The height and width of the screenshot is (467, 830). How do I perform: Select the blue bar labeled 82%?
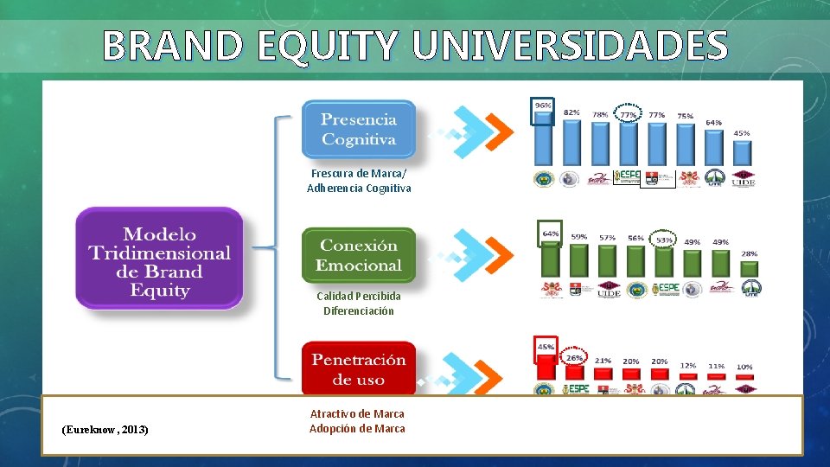(571, 142)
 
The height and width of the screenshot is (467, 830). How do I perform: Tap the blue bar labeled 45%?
(742, 153)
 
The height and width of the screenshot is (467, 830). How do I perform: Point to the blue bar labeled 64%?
(712, 148)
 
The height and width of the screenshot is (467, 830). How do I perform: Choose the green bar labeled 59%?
(578, 259)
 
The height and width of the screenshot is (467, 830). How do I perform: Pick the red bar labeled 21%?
(603, 374)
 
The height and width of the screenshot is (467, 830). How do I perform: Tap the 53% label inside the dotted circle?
(664, 240)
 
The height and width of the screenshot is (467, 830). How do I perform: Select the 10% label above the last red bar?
(744, 367)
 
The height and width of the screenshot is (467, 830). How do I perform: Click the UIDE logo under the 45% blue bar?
(744, 178)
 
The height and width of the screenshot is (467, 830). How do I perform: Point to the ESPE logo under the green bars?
(665, 289)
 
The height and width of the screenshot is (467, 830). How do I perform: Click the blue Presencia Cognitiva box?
(359, 130)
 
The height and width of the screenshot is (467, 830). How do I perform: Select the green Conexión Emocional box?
(359, 255)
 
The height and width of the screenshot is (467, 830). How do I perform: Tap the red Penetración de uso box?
(359, 369)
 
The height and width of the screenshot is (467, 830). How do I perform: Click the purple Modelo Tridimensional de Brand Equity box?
(159, 261)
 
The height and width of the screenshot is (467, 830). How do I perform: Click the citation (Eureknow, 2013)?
(105, 429)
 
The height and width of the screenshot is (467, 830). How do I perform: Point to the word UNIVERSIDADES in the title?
(570, 46)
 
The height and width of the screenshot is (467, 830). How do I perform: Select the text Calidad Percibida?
(358, 296)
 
